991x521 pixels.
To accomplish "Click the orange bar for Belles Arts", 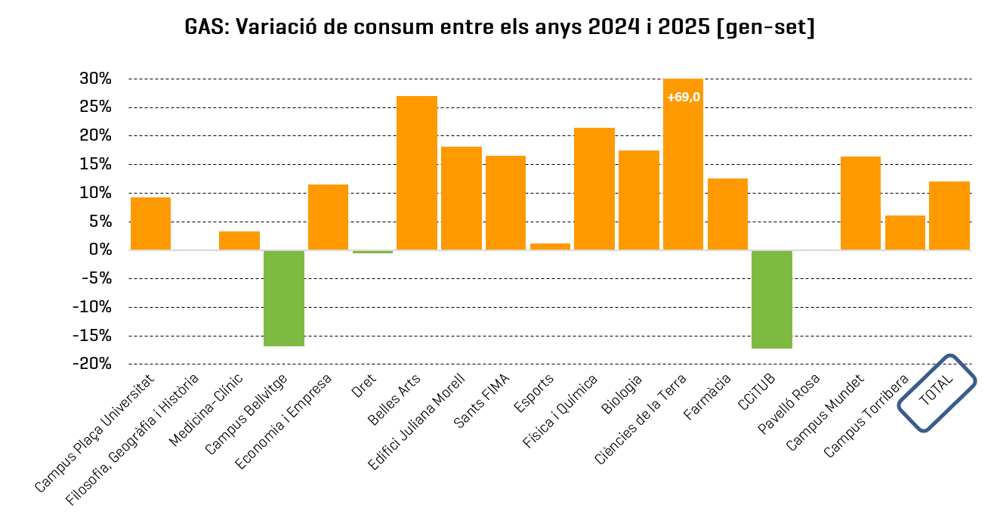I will [417, 172].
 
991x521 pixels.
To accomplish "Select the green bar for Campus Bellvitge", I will [284, 298].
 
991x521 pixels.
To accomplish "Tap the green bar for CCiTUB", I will [772, 299].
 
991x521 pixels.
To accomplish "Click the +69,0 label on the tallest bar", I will [684, 97].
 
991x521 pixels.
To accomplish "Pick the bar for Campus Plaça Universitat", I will [150, 224].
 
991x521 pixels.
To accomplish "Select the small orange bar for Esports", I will [550, 247].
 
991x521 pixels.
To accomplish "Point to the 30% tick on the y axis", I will [96, 79].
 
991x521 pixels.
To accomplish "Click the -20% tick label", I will [92, 364].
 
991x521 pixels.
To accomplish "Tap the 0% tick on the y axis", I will [100, 250].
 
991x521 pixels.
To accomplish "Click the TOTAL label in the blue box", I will [937, 392].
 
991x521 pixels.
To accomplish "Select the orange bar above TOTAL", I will [949, 216].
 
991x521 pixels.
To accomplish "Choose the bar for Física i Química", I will [594, 189].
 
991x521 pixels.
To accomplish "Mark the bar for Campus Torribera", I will [905, 233].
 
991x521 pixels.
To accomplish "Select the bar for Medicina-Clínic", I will [239, 240].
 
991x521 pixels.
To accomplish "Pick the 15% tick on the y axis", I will [96, 164].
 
